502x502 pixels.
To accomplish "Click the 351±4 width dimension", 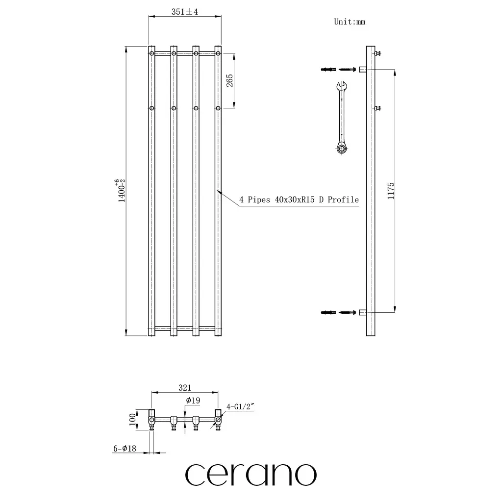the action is point(185,12).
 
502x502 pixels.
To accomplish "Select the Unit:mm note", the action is point(350,22).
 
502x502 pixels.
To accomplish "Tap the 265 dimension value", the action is point(229,81).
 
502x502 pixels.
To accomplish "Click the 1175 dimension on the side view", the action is point(391,191).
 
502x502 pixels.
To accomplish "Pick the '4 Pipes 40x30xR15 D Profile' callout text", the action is point(299,200).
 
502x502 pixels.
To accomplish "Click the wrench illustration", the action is point(342,118).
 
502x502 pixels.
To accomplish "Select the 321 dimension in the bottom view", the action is point(185,388).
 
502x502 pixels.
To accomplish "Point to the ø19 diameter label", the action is point(193,400).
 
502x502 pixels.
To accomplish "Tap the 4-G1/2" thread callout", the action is point(240,406).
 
